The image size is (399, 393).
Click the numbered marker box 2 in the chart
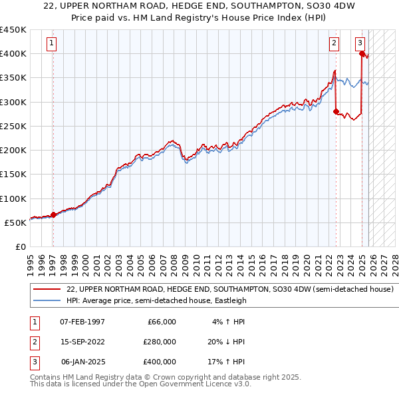[334, 43]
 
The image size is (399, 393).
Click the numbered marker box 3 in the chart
[360, 43]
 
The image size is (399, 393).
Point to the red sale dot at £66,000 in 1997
[53, 214]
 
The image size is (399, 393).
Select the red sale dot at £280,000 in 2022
[336, 111]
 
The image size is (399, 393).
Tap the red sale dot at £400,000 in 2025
[362, 54]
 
